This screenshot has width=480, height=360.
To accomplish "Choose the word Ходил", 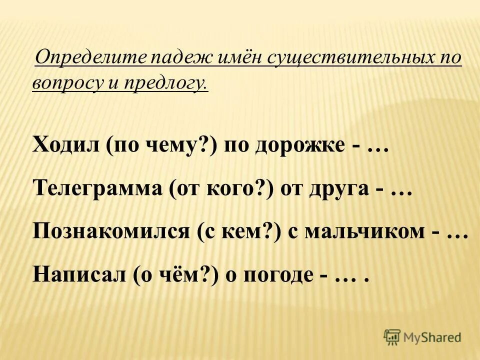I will [x=64, y=145].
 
